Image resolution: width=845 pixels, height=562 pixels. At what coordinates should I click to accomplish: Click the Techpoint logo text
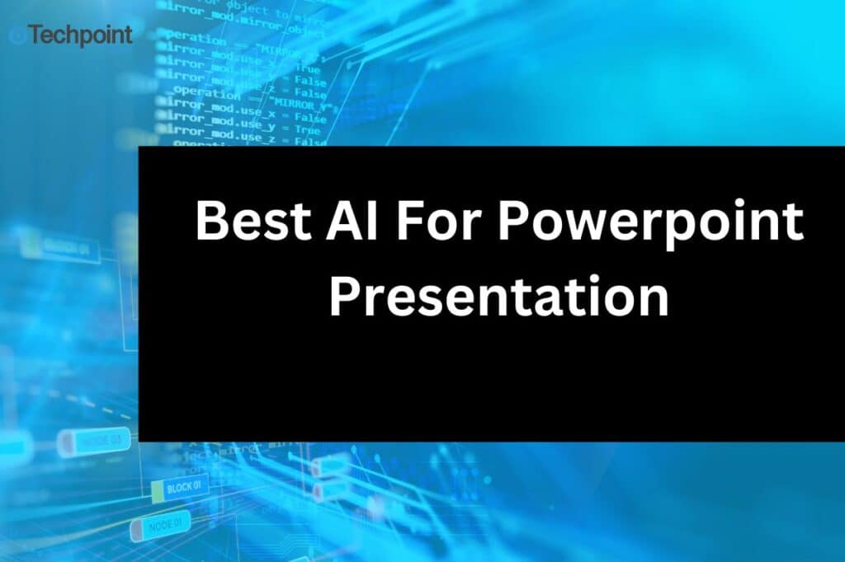point(80,35)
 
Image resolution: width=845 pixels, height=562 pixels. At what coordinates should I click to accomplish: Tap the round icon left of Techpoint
point(17,35)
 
